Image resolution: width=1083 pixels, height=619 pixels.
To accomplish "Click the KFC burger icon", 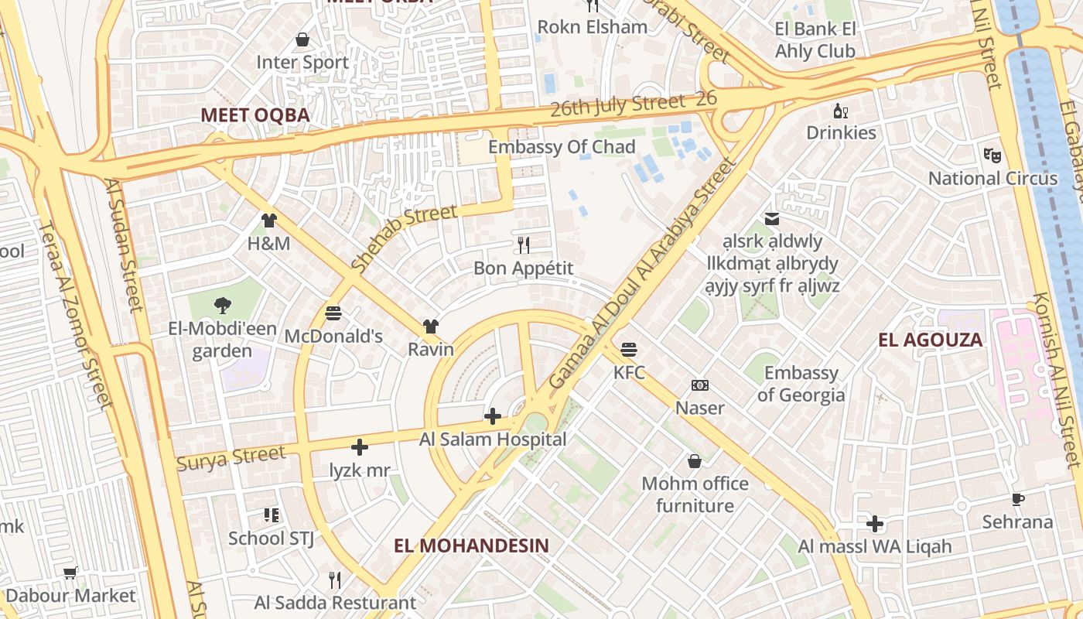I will point(629,349).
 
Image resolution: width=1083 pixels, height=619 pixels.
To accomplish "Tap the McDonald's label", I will point(333,337).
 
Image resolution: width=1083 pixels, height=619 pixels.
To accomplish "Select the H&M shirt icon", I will point(268,221).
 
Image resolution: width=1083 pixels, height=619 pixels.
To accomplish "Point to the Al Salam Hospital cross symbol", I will point(492,416).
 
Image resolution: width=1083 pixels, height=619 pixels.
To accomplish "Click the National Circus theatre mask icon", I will point(992,155).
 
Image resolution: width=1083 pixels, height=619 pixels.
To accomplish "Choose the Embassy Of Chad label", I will point(562,147).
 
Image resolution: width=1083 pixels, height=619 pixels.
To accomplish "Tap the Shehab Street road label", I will point(403,237).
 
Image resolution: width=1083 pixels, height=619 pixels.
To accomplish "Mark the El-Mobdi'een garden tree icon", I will point(223,305).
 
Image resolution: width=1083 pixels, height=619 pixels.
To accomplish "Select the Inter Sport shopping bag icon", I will point(302,39).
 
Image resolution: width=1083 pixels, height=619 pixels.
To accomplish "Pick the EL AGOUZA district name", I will point(931,340).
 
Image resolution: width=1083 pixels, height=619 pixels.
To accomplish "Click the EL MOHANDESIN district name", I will point(471,545).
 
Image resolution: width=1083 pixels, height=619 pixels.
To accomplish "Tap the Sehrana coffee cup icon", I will point(1017,499).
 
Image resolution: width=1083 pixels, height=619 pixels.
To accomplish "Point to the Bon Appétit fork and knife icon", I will point(524,245).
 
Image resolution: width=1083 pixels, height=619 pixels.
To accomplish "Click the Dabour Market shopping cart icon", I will point(70,573).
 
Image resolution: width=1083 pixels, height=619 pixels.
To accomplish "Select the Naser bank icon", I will point(699,385).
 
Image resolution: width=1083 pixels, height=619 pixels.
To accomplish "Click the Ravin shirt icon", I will point(431,327).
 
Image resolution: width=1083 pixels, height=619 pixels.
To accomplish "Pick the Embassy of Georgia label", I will point(801,384).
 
